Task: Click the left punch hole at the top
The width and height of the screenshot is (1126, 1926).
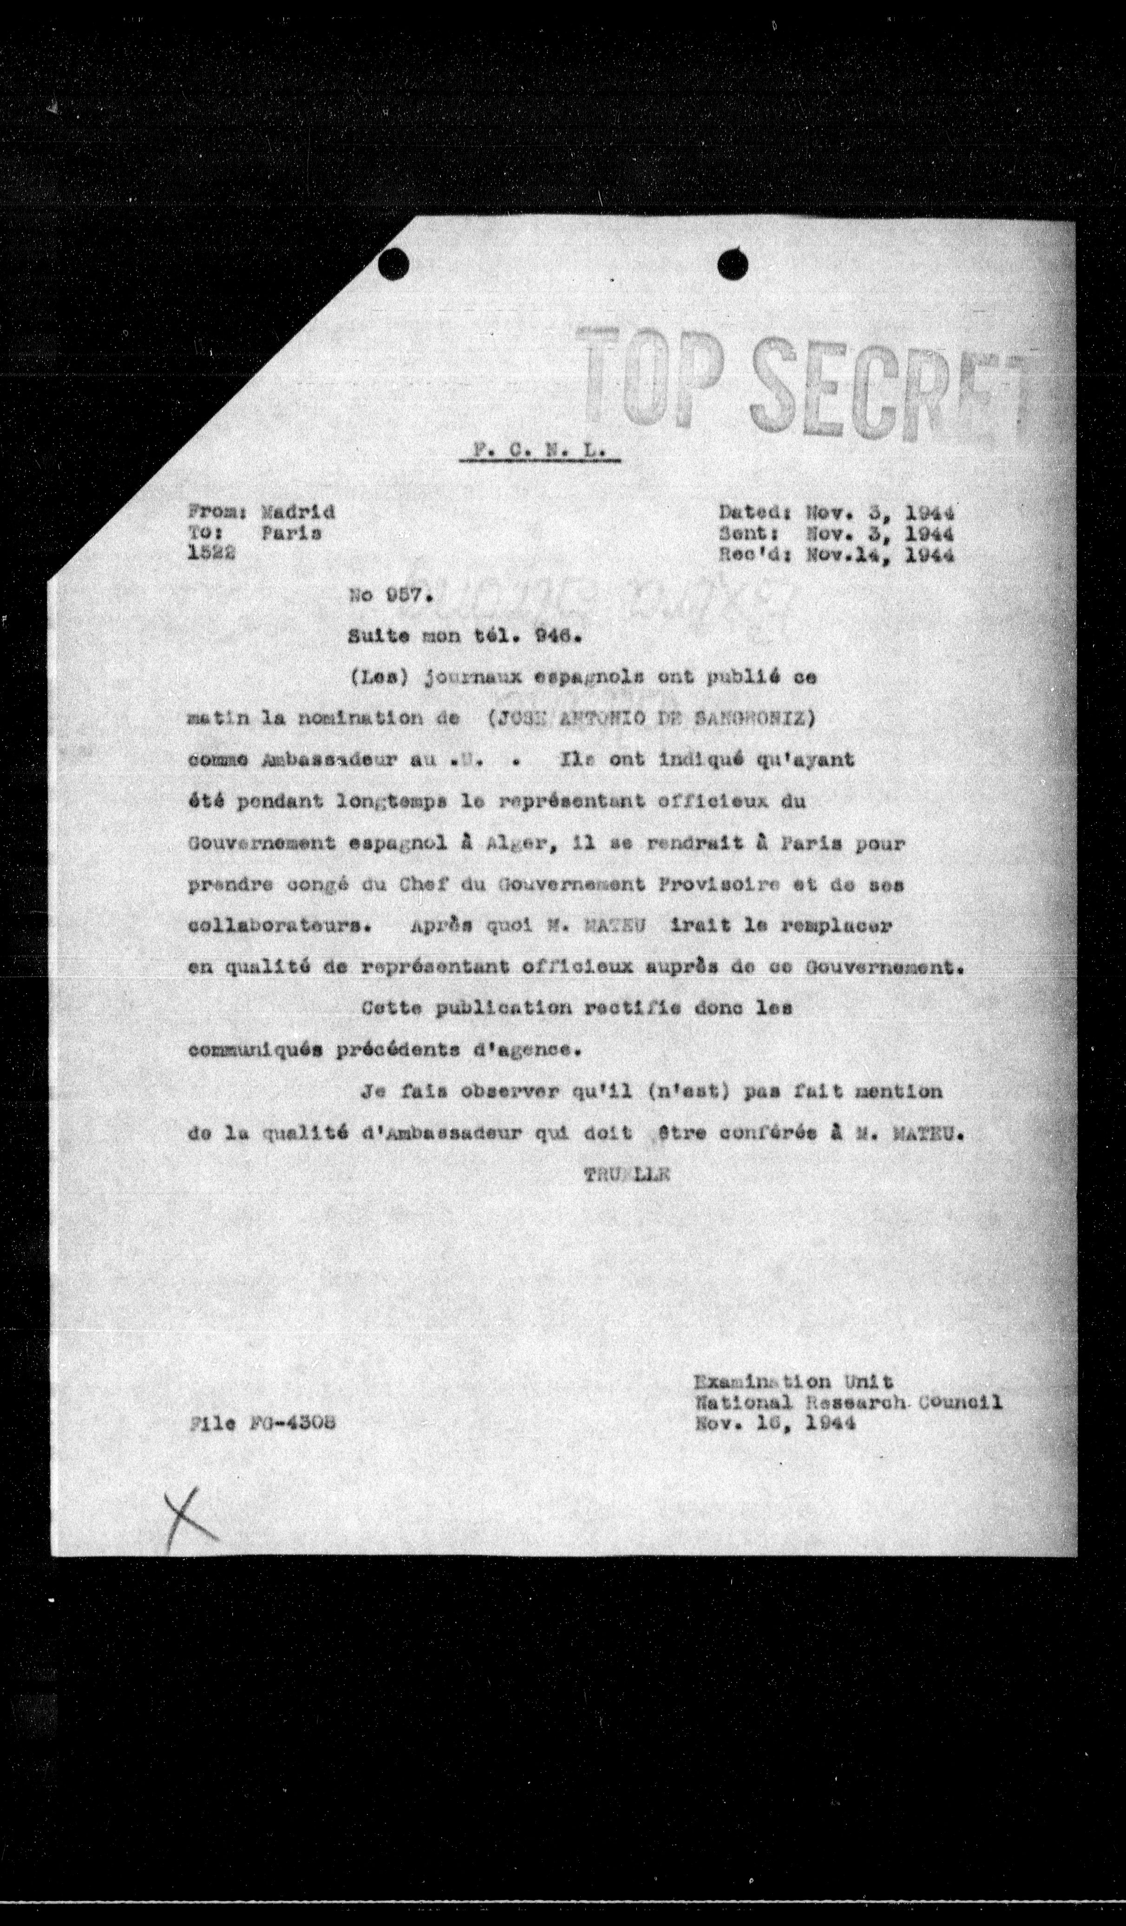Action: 394,265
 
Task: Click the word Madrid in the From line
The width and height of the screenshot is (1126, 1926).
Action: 298,512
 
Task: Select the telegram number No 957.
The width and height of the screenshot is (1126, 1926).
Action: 391,596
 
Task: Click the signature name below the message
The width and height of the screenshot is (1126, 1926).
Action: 626,1176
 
